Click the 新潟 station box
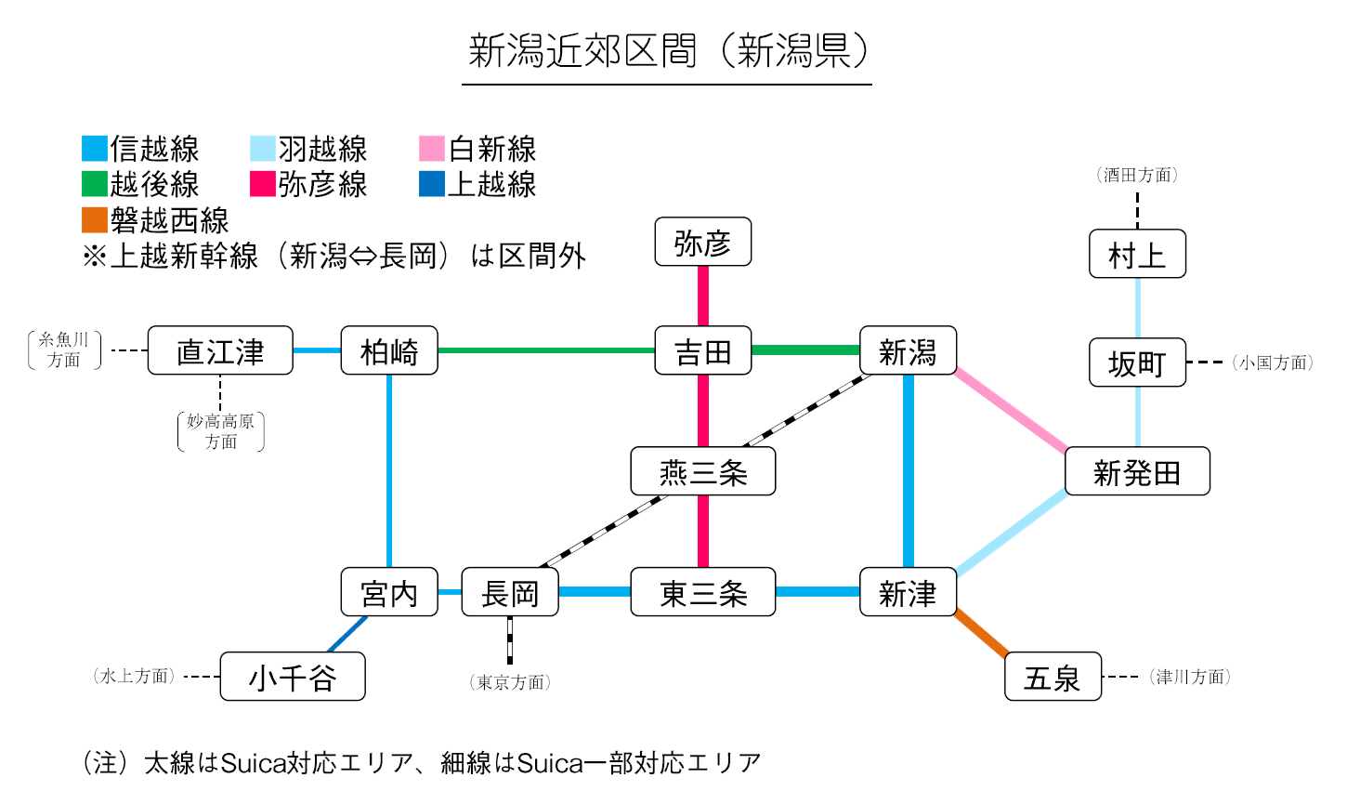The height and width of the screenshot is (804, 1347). pos(908,351)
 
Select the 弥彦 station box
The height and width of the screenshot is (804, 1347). pos(702,243)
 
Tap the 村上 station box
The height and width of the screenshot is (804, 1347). pos(1137,254)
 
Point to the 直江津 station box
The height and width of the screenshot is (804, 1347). pos(220,351)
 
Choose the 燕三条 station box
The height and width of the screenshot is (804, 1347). pos(702,472)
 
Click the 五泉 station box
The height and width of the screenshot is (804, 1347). pos(1053,677)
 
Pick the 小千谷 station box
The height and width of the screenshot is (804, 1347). pos(293,677)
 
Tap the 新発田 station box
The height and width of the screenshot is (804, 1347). pos(1137,472)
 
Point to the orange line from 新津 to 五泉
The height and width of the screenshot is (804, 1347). pos(981,635)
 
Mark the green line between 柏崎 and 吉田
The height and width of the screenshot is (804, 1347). pos(546,350)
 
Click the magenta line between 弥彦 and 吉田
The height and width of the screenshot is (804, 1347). pos(703,296)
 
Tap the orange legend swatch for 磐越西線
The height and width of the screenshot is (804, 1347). pos(95,220)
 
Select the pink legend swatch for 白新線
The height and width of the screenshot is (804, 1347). pos(432,149)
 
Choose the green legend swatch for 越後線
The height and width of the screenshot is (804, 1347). pos(95,184)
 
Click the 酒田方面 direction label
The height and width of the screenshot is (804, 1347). pos(1137,175)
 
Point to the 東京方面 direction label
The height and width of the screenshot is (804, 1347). pos(510,682)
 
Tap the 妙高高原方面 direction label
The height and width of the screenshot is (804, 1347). pos(221,431)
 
